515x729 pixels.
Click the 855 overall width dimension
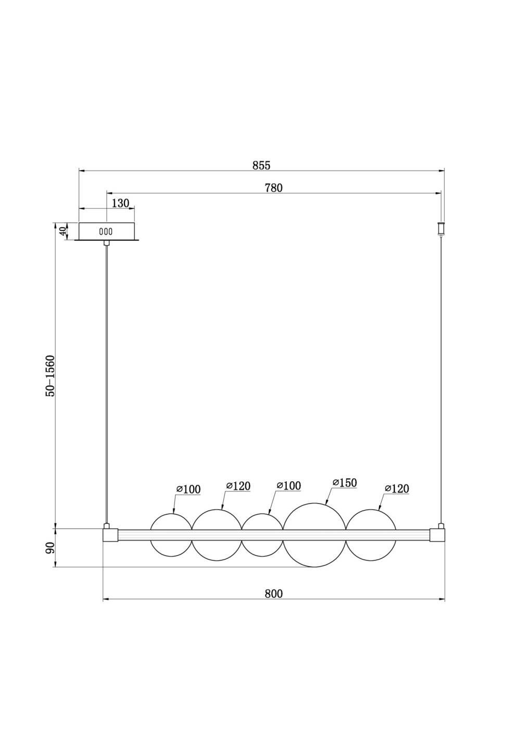[261, 166]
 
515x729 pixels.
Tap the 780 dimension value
[274, 188]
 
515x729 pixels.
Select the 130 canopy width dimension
[120, 203]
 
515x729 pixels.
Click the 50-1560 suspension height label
[51, 376]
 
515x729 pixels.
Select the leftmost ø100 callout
[189, 489]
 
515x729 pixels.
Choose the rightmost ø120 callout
[397, 488]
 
